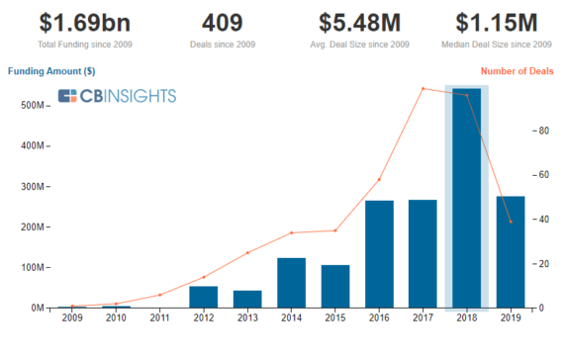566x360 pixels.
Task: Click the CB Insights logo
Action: [117, 96]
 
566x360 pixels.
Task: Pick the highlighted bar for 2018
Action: [466, 198]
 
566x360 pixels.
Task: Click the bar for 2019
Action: [510, 252]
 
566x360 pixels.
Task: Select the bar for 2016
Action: [379, 254]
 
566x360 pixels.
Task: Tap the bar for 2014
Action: [291, 283]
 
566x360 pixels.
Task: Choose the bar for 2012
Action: [203, 297]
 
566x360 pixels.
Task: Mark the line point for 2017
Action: [423, 88]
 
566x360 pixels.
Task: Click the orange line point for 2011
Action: [159, 295]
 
